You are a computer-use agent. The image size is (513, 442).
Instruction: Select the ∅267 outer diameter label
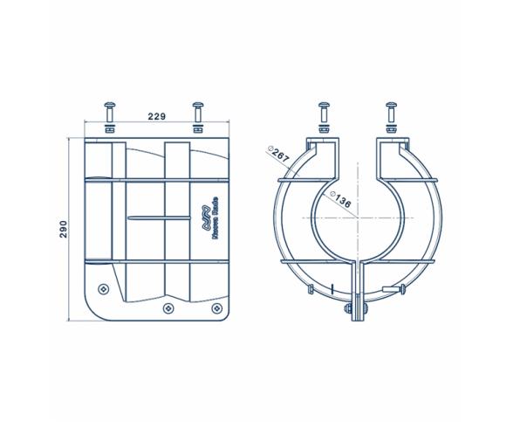(x=281, y=155)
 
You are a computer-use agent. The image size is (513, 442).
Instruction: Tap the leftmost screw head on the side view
(x=105, y=287)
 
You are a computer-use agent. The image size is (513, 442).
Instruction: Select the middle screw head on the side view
(x=168, y=308)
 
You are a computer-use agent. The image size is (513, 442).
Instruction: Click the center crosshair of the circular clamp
(x=357, y=216)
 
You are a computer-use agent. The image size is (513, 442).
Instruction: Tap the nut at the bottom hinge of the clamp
(x=348, y=308)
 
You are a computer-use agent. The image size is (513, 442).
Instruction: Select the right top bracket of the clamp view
(x=392, y=150)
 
